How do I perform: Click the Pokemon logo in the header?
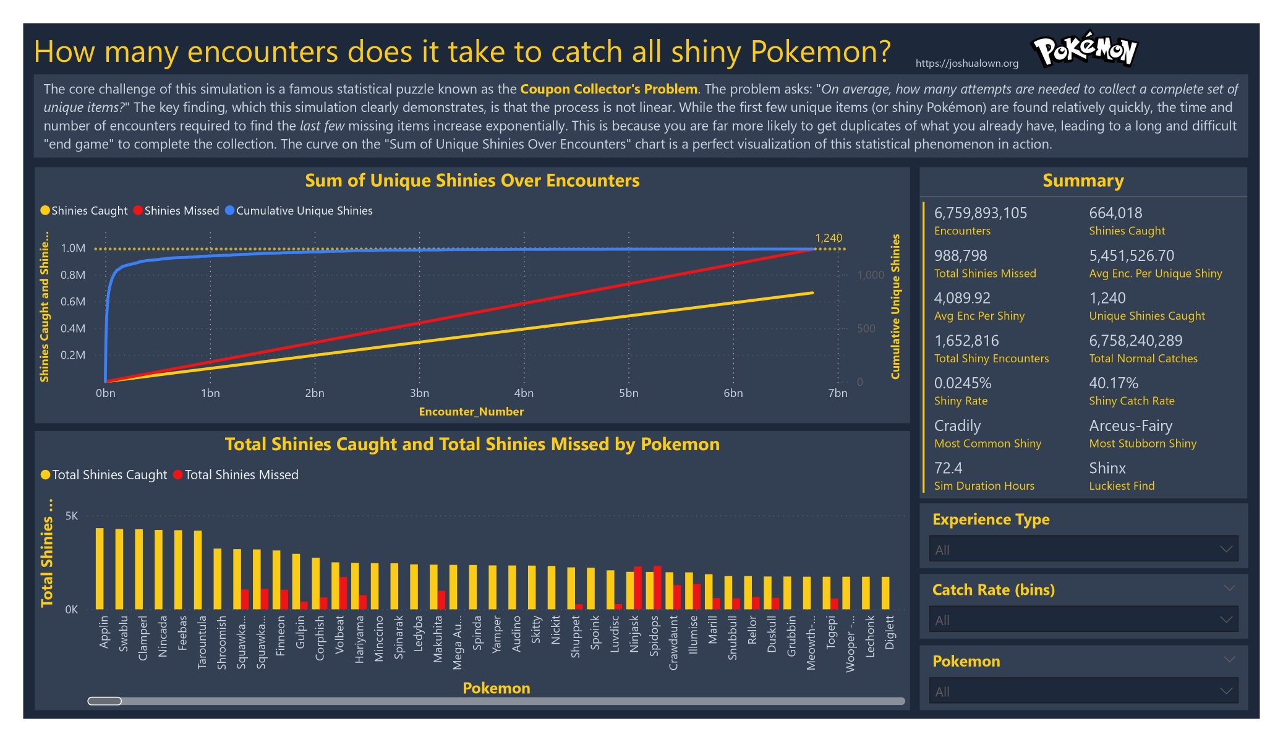coord(1085,49)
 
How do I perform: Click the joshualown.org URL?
coord(966,63)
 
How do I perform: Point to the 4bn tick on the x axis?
coord(524,393)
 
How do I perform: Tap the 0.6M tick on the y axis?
coord(73,302)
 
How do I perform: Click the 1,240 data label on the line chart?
coord(829,238)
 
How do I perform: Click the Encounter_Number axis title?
coord(471,412)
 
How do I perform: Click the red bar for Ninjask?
coord(637,587)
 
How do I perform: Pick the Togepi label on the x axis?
coord(830,632)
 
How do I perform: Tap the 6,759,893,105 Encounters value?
coord(980,213)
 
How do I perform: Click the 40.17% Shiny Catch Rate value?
coord(1113,383)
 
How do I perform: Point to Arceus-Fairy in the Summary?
coord(1130,426)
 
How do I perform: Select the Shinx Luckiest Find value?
coord(1107,468)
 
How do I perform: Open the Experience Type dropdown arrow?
coord(1225,549)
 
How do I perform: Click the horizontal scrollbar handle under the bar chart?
coord(104,701)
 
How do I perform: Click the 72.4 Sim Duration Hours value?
coord(948,468)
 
